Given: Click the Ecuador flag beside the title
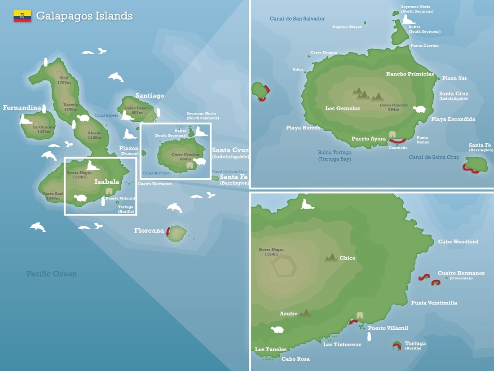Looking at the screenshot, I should coord(22,16).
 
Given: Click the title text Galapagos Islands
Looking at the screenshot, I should coord(84,16).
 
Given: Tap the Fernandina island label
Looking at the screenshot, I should coord(22,108).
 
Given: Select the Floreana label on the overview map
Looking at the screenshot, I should coord(149,230).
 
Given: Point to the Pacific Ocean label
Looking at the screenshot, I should coord(51,274).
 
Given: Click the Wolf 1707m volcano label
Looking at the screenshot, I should coord(64,80).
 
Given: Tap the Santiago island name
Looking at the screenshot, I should coord(150,96).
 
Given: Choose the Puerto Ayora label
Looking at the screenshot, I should coord(368,139).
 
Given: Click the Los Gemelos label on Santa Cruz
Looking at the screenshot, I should coord(343,108).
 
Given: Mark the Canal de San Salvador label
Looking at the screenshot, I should coord(297,19).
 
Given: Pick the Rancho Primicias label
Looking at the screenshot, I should coord(410,74).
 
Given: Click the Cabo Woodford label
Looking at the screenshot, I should coord(458,242).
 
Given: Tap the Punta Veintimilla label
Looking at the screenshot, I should coord(434,303).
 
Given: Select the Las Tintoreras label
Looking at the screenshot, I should coord(342,344).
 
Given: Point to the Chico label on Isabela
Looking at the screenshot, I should coord(348,258).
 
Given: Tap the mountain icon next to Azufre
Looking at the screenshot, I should coord(306,313).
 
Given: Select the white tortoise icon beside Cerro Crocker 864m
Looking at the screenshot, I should coord(419,109).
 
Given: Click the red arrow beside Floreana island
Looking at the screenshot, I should coord(168,232).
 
